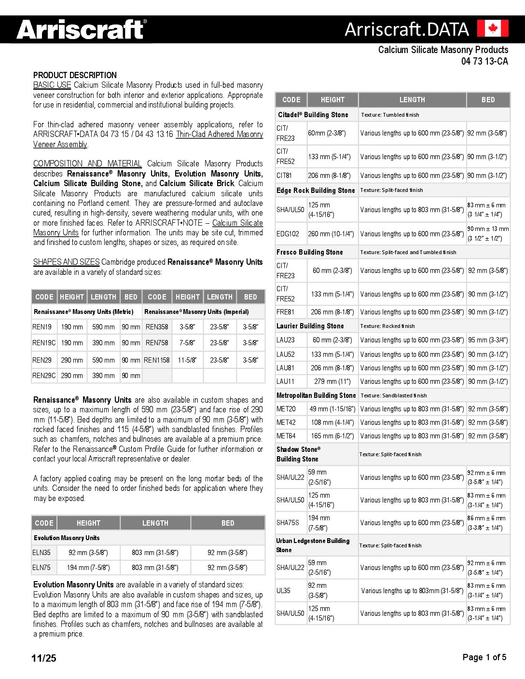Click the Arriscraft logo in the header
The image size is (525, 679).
tap(81, 29)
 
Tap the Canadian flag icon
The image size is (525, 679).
tap(492, 28)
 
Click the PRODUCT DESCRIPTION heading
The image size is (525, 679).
tap(75, 75)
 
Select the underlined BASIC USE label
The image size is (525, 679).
tap(52, 85)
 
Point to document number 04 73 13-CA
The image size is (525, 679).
tap(484, 61)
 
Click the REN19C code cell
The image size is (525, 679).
tap(44, 343)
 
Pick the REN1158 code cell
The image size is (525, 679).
tap(157, 360)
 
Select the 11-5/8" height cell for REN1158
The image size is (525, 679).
tap(187, 360)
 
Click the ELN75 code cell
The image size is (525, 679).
tap(41, 568)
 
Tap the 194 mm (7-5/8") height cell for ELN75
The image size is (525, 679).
tap(88, 568)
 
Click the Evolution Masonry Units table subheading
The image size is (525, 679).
tap(67, 538)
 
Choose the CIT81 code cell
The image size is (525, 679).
tap(284, 176)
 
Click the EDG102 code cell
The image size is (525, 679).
tap(288, 234)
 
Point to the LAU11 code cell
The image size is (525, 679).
tap(285, 381)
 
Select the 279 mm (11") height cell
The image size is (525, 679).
tap(332, 381)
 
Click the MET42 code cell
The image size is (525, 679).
tap(286, 422)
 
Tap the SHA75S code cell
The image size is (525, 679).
tap(288, 523)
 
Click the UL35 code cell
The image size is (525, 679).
tap(283, 591)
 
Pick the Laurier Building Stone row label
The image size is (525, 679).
tap(310, 326)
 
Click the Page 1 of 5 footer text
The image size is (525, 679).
tap(484, 657)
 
